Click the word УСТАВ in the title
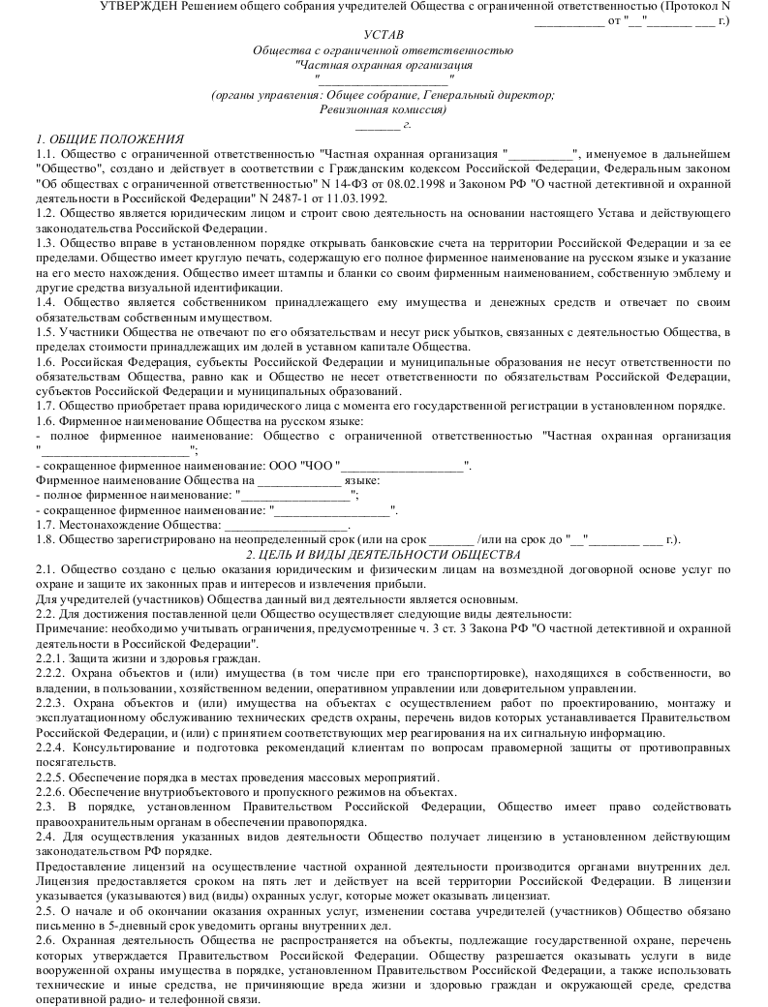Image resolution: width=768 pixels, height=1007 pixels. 383,34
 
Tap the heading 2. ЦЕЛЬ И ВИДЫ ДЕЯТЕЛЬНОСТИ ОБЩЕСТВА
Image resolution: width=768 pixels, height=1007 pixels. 384,554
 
